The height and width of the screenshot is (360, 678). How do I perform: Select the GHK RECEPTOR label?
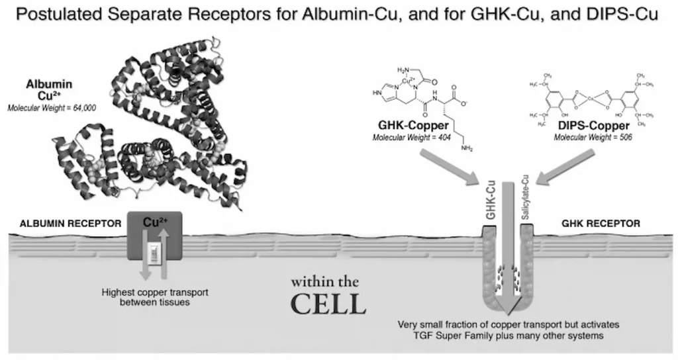(601, 224)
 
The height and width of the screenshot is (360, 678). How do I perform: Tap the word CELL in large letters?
(328, 304)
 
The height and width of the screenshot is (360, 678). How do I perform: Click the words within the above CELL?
(328, 280)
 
